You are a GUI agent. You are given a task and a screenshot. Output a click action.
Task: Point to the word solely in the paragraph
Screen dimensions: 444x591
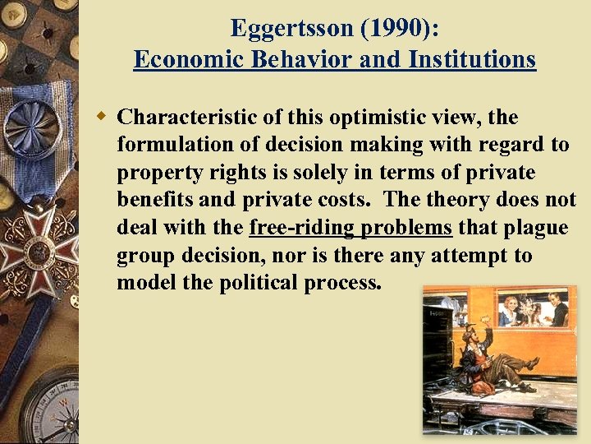(361, 173)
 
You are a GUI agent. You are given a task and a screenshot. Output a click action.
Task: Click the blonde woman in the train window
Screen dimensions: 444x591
(511, 311)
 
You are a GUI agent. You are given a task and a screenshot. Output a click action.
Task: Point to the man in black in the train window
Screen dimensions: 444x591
(559, 310)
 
